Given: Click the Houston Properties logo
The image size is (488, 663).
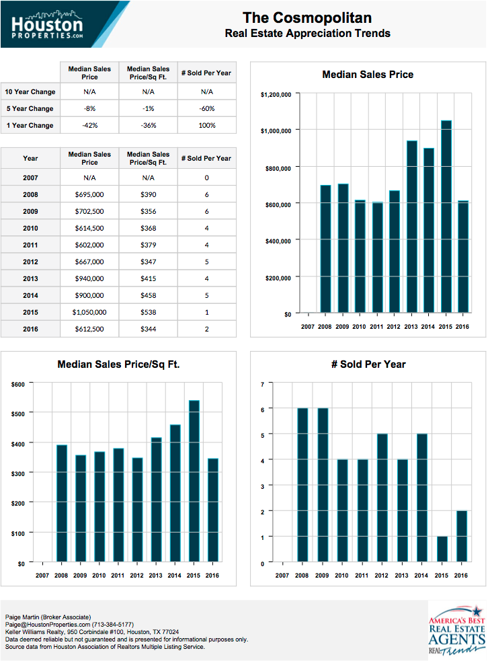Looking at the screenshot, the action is tap(47, 24).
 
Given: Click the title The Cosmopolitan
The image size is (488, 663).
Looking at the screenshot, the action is tap(307, 17).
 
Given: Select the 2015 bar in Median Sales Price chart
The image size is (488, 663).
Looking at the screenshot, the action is tap(446, 217).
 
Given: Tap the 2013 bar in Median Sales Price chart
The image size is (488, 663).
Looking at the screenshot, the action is tap(412, 227).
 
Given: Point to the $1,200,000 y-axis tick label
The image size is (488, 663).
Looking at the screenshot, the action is tap(276, 95).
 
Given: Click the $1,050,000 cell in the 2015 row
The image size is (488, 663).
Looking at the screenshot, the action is tap(89, 312).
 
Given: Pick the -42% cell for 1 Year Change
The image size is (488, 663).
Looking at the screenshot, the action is tap(89, 125).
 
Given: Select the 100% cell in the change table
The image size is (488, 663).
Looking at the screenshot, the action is tap(207, 125).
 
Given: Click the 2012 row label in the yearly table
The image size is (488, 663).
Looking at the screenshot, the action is tap(30, 262).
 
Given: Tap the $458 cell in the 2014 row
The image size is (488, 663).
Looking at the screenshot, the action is tap(149, 295).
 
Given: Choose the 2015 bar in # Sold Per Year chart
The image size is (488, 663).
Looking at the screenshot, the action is tap(442, 549).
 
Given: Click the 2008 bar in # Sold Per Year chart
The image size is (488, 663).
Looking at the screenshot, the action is tap(302, 485).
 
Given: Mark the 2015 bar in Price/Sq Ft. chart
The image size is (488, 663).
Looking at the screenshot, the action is tap(194, 481).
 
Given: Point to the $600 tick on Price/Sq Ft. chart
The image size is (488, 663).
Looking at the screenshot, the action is tap(17, 385).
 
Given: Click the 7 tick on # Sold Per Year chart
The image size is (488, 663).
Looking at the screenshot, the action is tap(262, 385).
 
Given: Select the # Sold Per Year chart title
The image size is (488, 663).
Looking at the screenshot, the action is tap(368, 364).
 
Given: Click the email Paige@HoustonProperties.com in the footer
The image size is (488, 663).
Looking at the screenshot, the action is tap(48, 625).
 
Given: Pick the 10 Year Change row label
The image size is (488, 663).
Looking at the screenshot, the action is tap(30, 91).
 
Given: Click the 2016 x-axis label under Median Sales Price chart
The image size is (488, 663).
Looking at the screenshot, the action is tap(462, 326).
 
